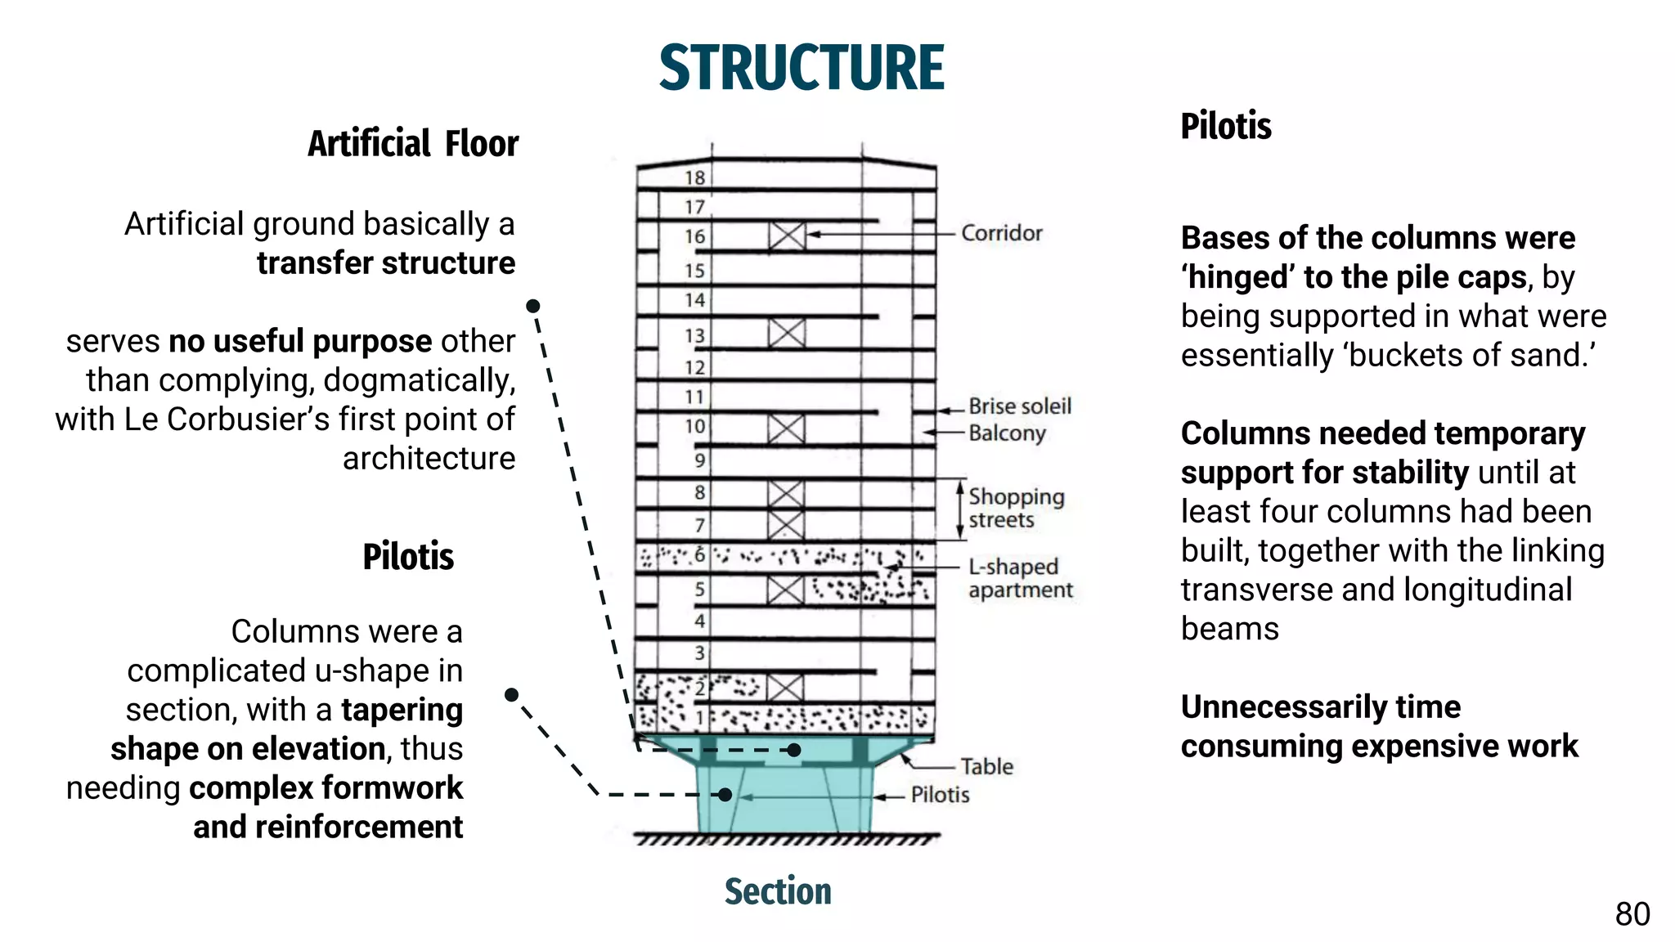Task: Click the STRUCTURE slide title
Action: pos(802,68)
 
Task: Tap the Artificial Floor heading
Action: pos(413,144)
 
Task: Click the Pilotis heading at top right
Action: pos(1225,127)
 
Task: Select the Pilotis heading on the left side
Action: pos(407,557)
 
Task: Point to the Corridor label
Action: pos(1001,234)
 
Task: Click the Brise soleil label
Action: pos(1019,406)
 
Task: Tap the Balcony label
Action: pos(1007,433)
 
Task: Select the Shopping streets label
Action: pos(1016,508)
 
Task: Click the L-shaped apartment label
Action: pos(1020,578)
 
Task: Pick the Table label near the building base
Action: pos(986,767)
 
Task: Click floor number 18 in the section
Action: pos(694,178)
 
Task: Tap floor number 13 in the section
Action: pos(694,336)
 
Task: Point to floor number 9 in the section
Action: pos(699,460)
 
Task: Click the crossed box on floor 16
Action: pos(787,236)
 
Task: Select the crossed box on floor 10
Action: pos(786,428)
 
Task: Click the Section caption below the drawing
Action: pos(778,891)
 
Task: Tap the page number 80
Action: pos(1632,914)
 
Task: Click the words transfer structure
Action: pos(386,263)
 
